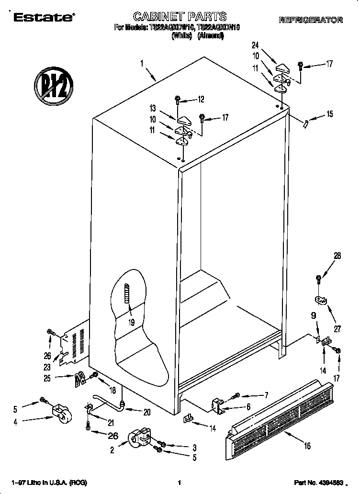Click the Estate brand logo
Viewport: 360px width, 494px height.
(43, 18)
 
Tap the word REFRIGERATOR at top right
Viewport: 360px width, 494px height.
(311, 20)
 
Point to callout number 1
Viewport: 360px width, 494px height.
(142, 62)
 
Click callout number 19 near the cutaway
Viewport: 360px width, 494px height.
(131, 322)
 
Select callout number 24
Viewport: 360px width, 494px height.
(256, 45)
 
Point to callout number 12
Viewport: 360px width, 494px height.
(201, 100)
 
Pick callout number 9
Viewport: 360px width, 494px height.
(314, 316)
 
